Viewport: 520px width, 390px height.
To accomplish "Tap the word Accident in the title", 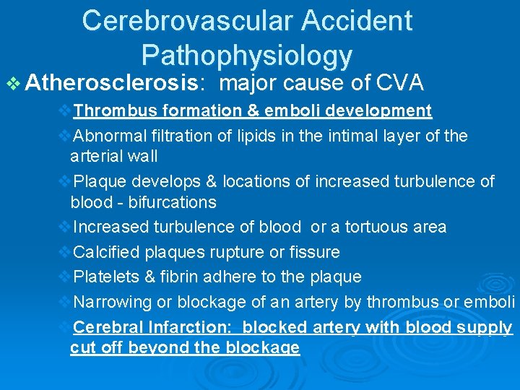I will point(357,21).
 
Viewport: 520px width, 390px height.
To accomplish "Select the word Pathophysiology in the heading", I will point(247,55).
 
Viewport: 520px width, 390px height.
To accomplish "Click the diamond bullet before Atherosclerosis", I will point(13,84).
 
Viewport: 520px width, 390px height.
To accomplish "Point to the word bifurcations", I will point(172,202).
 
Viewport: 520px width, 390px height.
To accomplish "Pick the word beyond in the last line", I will point(155,347).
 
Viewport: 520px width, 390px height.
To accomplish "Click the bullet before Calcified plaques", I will point(64,252).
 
